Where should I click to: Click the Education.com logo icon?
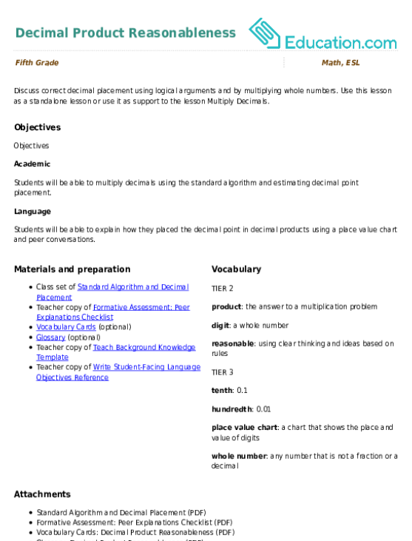coord(265,33)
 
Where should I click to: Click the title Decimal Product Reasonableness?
coord(126,33)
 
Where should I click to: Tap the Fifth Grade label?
coord(37,62)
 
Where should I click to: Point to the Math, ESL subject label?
coord(341,62)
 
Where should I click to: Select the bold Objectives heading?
coord(38,127)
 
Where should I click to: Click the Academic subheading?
coord(32,164)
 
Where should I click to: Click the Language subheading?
coord(33,212)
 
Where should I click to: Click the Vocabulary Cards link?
coord(66,326)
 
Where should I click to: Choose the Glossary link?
coord(51,337)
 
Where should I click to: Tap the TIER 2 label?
coord(223,289)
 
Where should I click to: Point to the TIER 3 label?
coord(223,372)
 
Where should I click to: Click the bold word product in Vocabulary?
coord(226,306)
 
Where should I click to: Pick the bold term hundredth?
coord(232,409)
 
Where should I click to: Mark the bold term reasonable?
coord(233,343)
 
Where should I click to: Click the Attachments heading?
coord(42,494)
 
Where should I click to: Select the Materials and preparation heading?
coord(72,269)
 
